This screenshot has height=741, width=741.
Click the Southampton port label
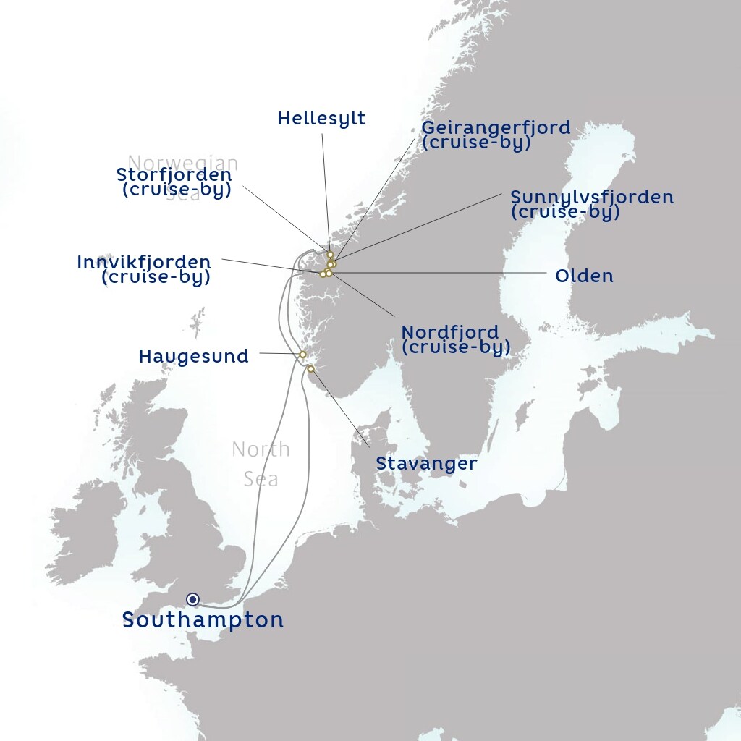point(203,620)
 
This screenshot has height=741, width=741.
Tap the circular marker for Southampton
point(192,599)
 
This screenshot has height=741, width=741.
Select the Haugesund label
point(193,356)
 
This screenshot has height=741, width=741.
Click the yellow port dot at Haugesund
point(302,355)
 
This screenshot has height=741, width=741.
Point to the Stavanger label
point(426,463)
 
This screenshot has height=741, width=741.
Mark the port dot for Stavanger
point(310,369)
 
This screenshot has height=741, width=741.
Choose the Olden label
point(584,276)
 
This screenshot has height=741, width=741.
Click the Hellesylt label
point(321,119)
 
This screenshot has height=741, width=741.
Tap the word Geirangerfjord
point(496,128)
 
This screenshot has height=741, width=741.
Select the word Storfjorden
point(174,175)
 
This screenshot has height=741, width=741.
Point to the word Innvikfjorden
point(144,262)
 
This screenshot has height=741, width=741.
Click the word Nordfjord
point(449,332)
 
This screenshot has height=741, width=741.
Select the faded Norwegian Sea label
point(182,164)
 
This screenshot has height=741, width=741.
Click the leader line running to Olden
point(434,274)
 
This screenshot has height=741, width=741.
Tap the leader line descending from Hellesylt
point(325,188)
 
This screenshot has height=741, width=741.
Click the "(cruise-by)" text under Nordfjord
point(456,347)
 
